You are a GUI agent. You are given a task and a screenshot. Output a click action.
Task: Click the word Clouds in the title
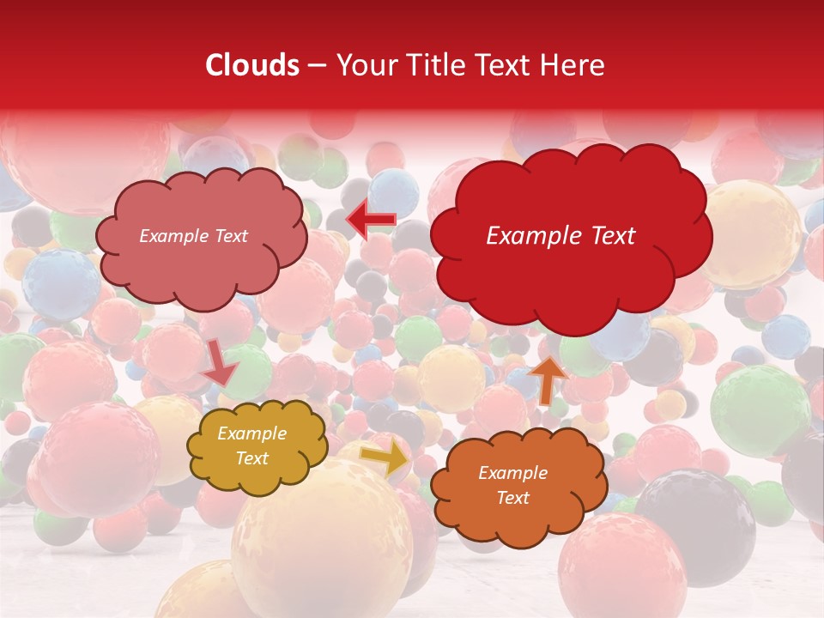pos(252,65)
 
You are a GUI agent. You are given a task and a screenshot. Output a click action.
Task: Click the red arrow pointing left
pos(371,220)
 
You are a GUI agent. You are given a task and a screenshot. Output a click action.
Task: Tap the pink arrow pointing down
pos(220,363)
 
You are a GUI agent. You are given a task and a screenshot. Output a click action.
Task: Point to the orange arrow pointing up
pos(548,379)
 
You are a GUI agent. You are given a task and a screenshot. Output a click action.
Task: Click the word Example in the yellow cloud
pos(252,433)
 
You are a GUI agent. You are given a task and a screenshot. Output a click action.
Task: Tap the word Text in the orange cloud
pos(513,498)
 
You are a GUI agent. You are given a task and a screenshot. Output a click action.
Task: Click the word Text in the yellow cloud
pos(252,458)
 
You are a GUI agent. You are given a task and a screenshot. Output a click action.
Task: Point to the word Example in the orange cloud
pos(513,473)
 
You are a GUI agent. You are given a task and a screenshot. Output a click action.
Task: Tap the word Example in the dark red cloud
pos(532,236)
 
